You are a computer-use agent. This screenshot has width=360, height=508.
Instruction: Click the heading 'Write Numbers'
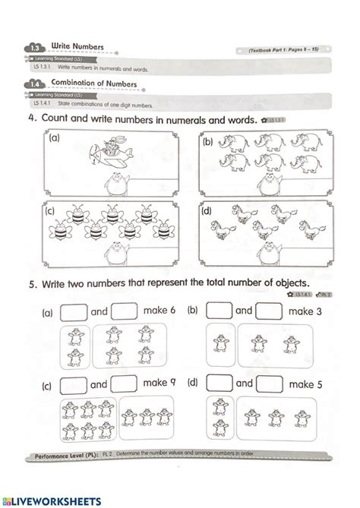coord(77,46)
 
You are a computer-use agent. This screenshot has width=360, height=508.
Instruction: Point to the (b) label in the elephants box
coord(208,142)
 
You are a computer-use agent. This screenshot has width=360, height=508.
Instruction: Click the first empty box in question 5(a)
coord(74,311)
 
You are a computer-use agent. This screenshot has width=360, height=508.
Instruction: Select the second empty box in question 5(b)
coord(268,311)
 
